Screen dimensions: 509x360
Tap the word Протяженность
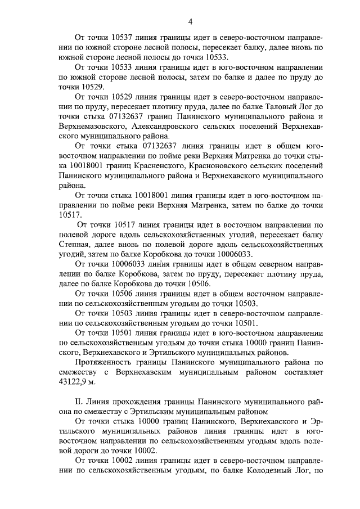(103, 362)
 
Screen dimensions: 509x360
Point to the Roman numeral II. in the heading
(79, 402)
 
